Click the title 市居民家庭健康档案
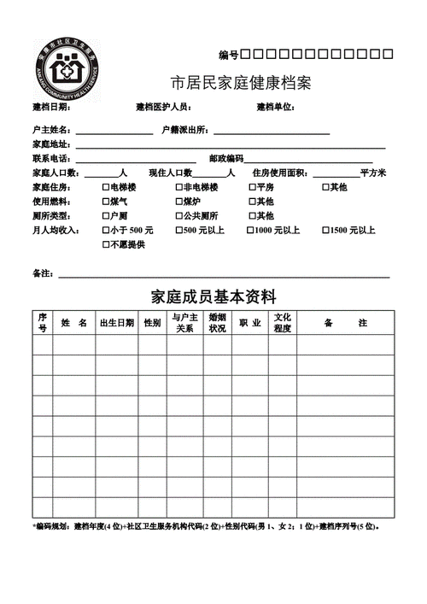241,84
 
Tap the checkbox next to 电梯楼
106,187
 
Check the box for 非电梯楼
179,187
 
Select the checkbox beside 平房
252,187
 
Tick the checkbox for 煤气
106,202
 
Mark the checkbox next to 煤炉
179,202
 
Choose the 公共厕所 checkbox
179,216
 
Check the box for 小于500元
106,231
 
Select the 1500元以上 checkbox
326,231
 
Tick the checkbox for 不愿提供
106,245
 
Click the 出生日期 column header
116,323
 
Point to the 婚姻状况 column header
217,323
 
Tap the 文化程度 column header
283,323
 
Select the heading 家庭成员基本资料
213,296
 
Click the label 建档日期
51,108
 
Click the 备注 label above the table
43,273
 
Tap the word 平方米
373,173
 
